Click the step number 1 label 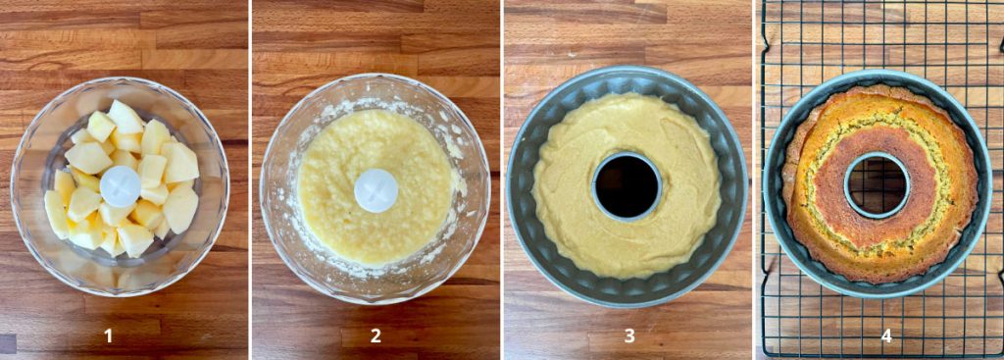108,335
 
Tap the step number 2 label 376,335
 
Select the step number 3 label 629,335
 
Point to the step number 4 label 886,335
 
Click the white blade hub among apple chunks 121,186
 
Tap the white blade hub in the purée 376,190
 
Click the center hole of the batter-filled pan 627,186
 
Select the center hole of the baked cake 878,185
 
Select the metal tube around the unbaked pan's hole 627,154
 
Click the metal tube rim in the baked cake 878,154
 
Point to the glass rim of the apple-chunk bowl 120,79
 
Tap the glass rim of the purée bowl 375,77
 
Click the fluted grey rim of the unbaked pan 627,71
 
